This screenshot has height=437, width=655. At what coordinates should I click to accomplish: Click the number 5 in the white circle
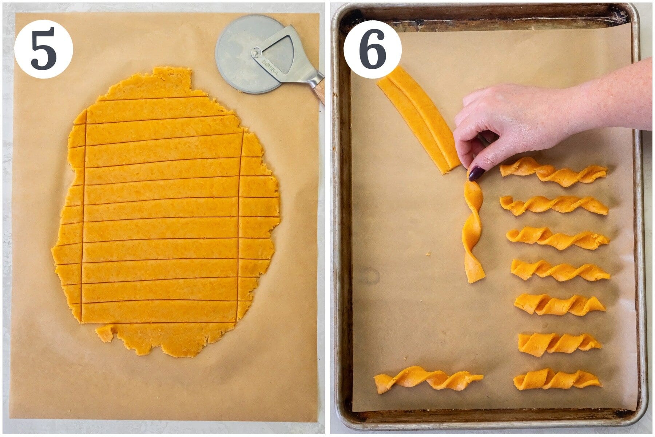click(x=44, y=49)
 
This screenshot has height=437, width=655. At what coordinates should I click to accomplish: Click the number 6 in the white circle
click(x=372, y=49)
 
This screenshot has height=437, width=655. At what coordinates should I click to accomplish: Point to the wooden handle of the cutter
click(x=319, y=94)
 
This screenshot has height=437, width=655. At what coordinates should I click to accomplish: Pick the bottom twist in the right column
click(x=557, y=380)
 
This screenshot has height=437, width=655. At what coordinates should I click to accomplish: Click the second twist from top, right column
click(x=553, y=205)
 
